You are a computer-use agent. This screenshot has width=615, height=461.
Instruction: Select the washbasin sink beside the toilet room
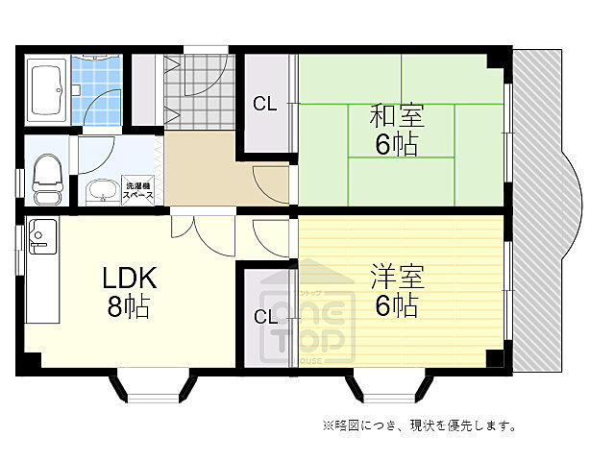tap(98, 192)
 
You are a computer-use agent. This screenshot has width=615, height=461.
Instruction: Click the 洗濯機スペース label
tap(139, 189)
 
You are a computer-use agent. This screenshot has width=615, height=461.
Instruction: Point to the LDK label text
tap(129, 279)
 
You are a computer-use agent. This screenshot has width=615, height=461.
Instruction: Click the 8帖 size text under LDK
tap(130, 309)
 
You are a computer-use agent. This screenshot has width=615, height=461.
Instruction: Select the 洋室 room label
tap(397, 277)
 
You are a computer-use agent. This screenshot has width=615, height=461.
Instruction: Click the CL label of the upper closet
tap(264, 104)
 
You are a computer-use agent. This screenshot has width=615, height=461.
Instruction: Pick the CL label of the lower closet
tap(264, 317)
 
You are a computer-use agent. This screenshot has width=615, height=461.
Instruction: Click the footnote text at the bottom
tap(418, 425)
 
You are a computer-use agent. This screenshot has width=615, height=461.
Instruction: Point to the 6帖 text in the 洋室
tap(397, 306)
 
